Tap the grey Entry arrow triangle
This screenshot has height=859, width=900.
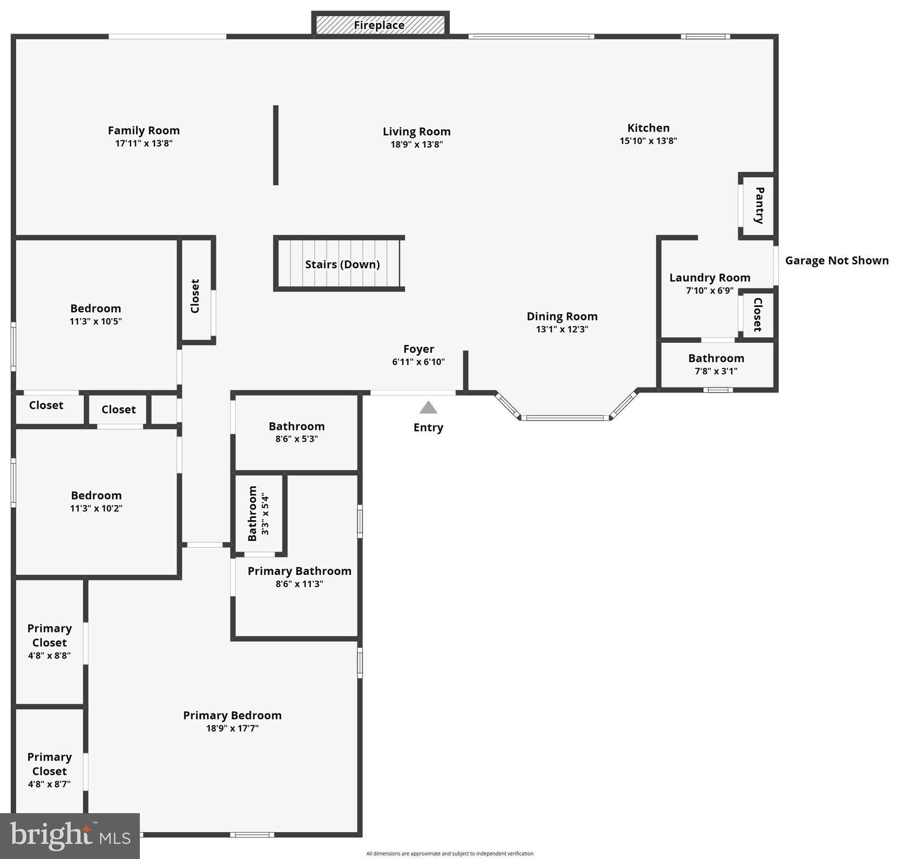click(428, 408)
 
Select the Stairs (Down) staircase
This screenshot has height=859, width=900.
click(340, 264)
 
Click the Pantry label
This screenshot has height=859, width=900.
click(759, 205)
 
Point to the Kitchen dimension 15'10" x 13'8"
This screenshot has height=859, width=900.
click(648, 141)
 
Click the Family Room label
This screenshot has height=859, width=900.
click(144, 130)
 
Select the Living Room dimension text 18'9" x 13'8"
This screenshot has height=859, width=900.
click(416, 144)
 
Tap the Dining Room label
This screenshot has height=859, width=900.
click(562, 317)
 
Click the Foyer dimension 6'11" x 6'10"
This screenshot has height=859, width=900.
click(418, 362)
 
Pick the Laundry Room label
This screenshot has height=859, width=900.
click(709, 278)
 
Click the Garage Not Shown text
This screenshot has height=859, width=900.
click(836, 261)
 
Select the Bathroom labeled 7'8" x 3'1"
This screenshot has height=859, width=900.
click(716, 364)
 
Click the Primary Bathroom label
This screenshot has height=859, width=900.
click(299, 571)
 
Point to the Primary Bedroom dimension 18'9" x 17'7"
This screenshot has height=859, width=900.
click(232, 728)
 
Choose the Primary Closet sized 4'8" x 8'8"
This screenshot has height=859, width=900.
click(49, 641)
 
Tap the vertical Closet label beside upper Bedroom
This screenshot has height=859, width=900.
click(195, 296)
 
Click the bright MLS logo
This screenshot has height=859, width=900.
click(69, 836)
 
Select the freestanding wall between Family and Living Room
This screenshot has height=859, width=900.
click(276, 145)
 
